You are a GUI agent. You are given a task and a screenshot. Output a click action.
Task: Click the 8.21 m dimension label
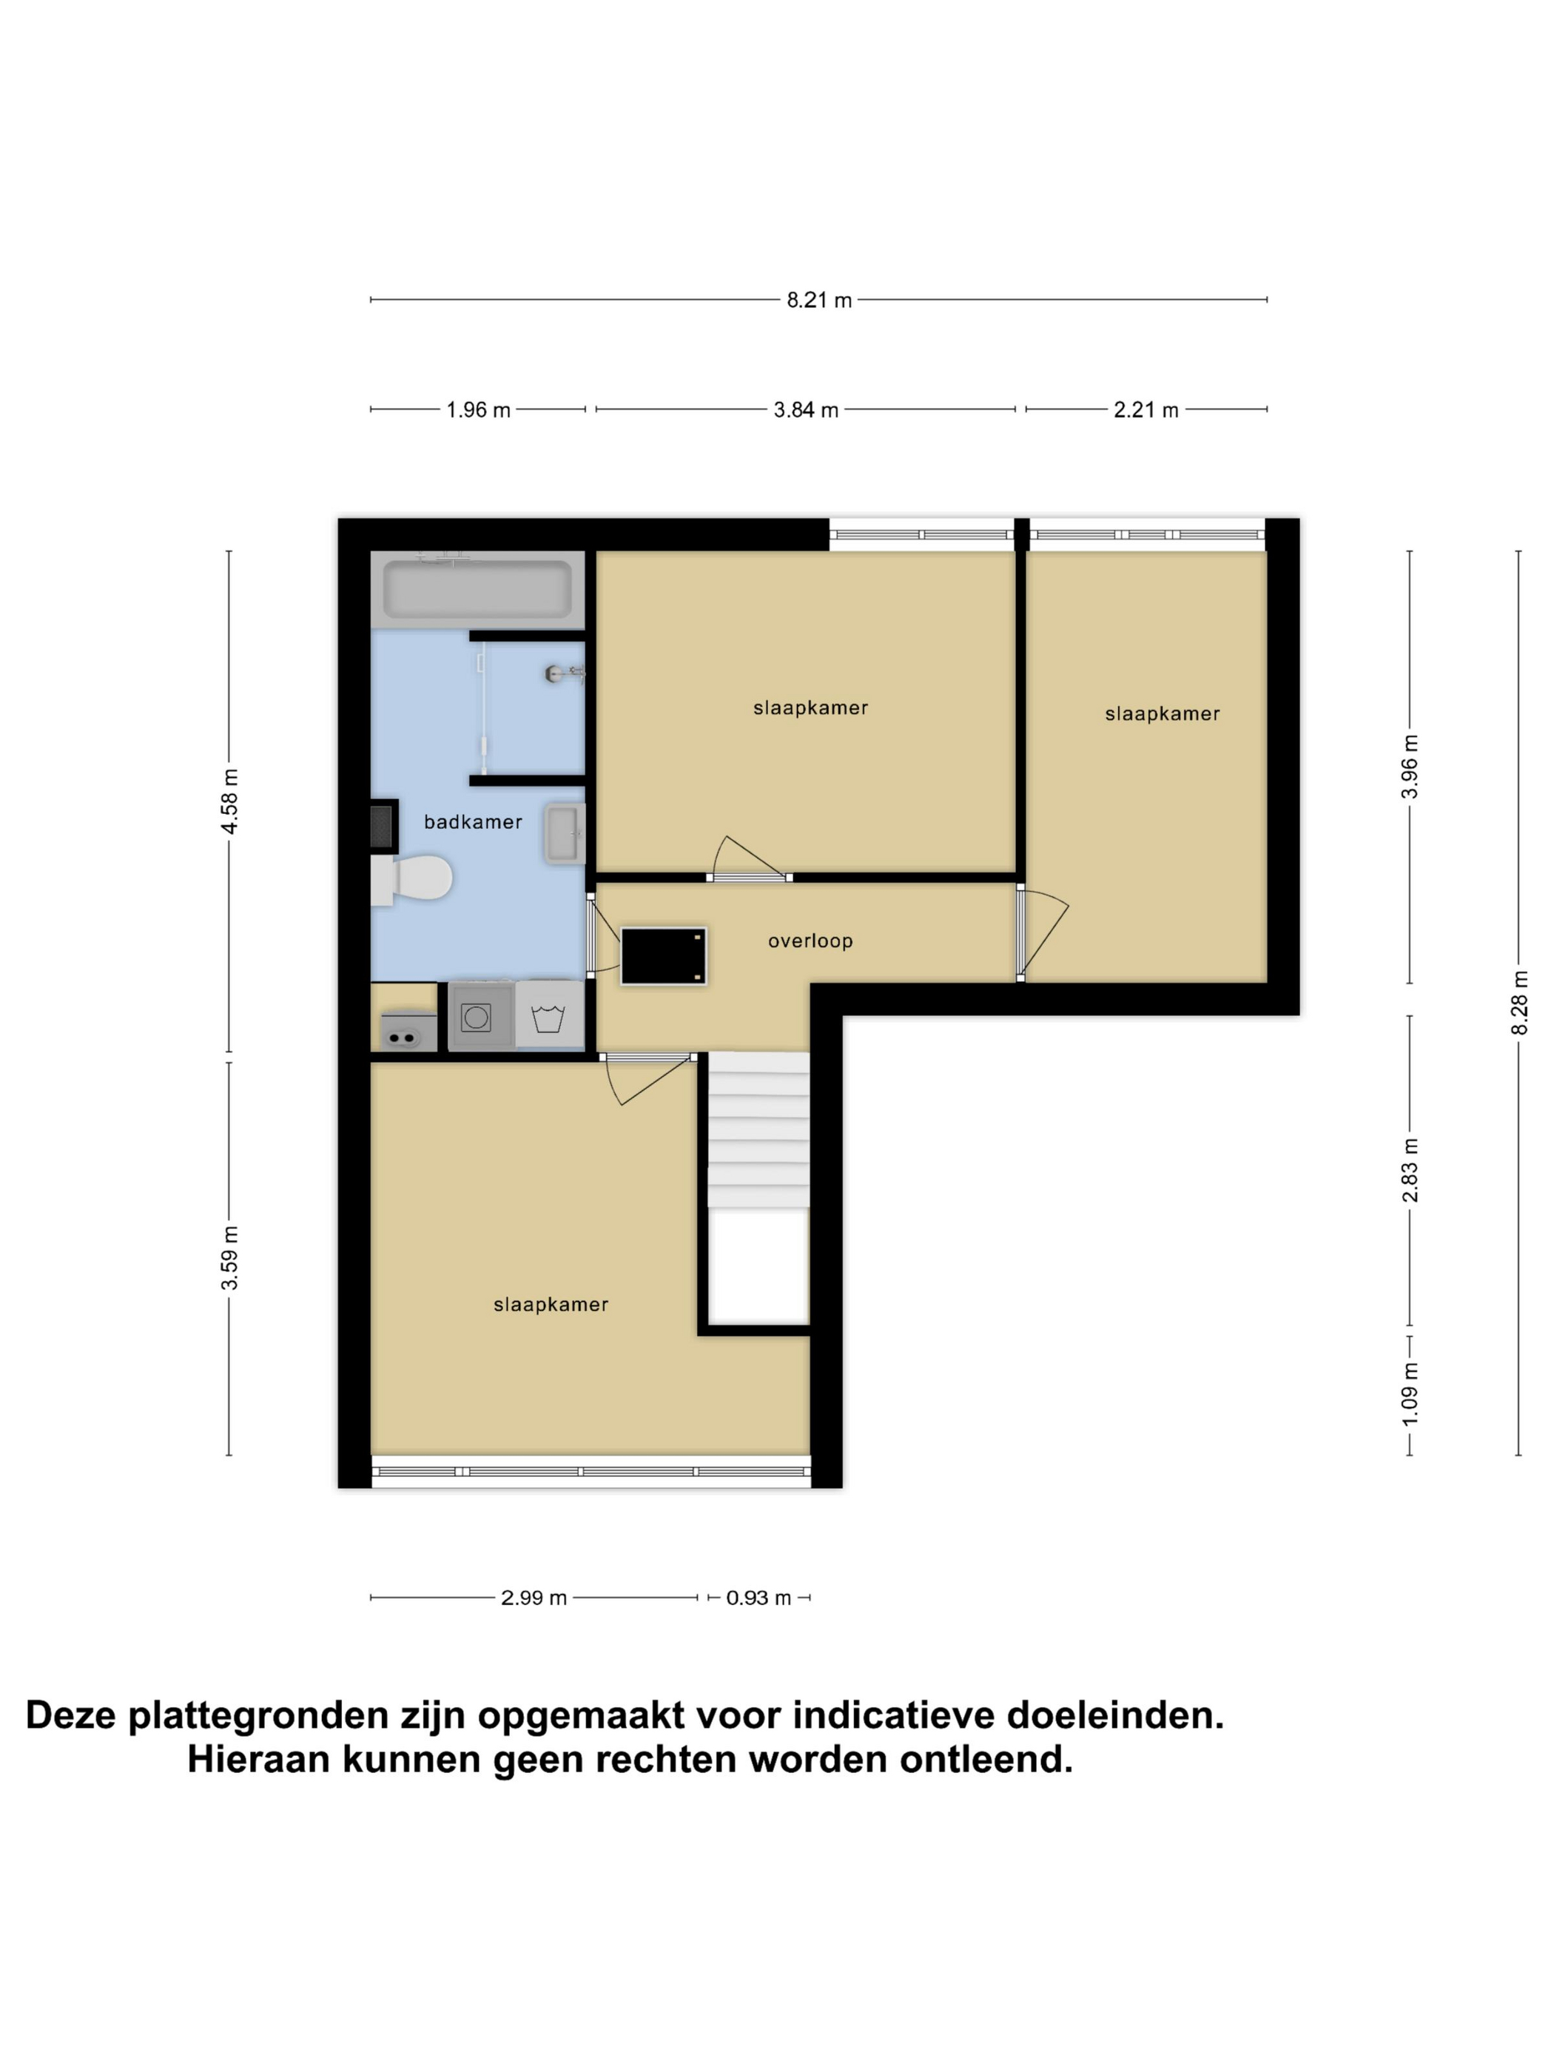(818, 300)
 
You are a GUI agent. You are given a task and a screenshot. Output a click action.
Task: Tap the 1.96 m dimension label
(478, 410)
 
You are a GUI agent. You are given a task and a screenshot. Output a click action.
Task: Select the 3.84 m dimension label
(806, 410)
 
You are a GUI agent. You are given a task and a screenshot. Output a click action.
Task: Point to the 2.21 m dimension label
(1146, 410)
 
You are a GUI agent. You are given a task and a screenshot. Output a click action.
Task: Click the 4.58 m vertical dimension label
(229, 800)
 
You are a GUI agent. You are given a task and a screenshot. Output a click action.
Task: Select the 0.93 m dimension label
(758, 1598)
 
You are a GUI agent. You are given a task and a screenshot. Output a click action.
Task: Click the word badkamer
(473, 821)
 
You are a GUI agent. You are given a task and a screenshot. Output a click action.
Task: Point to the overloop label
(810, 941)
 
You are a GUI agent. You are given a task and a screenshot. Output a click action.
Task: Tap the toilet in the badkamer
(412, 878)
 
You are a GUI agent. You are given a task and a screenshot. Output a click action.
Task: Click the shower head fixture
(565, 673)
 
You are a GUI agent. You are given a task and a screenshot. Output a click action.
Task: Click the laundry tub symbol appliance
(549, 1016)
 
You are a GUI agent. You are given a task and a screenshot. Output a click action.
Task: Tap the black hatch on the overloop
(663, 956)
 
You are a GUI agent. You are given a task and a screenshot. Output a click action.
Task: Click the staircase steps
(758, 1131)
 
